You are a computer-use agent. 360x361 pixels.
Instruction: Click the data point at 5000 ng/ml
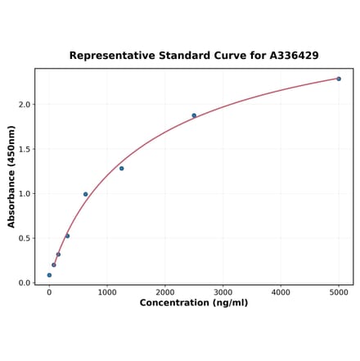pyautogui.click(x=339, y=79)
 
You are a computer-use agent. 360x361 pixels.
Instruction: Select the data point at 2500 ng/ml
pyautogui.click(x=194, y=115)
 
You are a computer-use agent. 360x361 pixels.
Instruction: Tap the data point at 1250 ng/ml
pyautogui.click(x=122, y=169)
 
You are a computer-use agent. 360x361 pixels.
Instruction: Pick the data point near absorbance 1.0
pyautogui.click(x=85, y=194)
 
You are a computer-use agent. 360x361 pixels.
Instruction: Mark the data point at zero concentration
pyautogui.click(x=49, y=275)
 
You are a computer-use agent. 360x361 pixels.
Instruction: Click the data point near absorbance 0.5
pyautogui.click(x=67, y=236)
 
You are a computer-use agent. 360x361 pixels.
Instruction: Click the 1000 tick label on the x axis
pyautogui.click(x=107, y=292)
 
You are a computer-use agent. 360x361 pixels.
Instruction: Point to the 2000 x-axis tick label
pyautogui.click(x=165, y=292)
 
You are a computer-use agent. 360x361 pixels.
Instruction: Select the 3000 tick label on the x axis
pyautogui.click(x=223, y=292)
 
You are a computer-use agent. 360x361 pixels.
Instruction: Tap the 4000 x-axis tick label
pyautogui.click(x=281, y=292)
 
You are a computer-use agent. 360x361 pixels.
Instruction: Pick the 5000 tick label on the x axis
pyautogui.click(x=339, y=292)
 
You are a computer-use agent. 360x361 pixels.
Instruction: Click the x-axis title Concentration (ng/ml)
pyautogui.click(x=194, y=303)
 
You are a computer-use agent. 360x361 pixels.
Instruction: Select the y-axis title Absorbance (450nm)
pyautogui.click(x=11, y=176)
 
